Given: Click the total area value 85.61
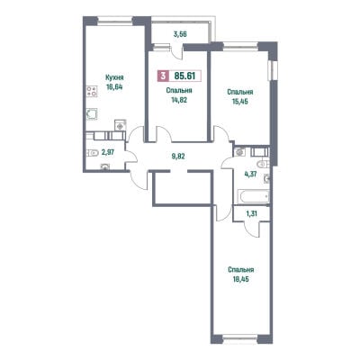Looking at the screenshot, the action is coord(184,76).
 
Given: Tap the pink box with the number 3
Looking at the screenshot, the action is coord(163,76).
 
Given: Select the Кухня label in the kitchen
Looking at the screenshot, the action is coord(114,77).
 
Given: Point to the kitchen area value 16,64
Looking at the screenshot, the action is coord(114,87).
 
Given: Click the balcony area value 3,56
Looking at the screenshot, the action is coord(180,34).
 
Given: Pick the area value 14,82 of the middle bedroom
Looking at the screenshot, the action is coord(179,100).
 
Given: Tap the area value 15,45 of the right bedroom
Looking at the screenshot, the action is coord(240,102).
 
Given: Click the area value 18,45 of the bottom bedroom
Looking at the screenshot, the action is coord(240,280).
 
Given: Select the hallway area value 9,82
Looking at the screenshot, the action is coord(178,157).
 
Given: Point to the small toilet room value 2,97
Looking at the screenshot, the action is coord(108,152).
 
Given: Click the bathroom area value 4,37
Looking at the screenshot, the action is coord(250,174).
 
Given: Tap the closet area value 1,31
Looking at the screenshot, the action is coord(252,213).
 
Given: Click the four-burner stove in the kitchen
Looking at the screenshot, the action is coord(92,91).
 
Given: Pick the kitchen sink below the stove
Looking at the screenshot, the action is coord(92,114).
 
